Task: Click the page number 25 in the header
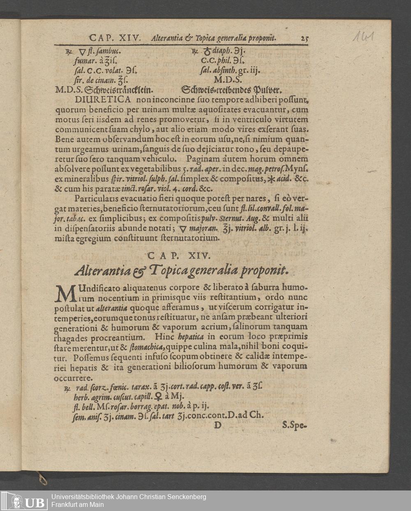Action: coord(304,39)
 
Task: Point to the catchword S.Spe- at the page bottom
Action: coord(295,425)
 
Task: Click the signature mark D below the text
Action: coord(217,425)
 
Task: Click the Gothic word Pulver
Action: coord(269,89)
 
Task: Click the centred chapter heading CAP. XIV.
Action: coord(179,256)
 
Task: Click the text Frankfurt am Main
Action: coord(77,504)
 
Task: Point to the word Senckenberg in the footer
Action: coord(185,497)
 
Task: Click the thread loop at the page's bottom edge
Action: coord(41,479)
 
